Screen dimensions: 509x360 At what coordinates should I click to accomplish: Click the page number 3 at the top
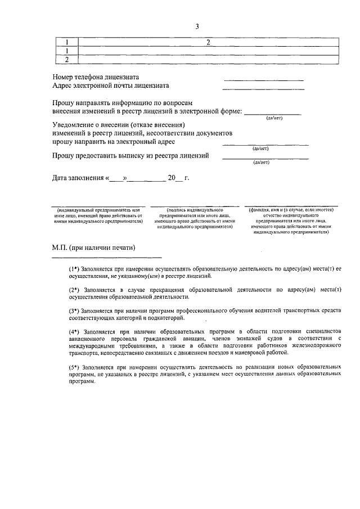click(197, 26)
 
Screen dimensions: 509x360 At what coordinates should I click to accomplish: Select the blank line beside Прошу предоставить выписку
click(265, 158)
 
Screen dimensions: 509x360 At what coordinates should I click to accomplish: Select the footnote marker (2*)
click(74, 290)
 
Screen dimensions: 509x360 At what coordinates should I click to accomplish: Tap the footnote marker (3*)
click(74, 310)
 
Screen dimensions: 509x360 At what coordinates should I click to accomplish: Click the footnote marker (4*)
click(74, 331)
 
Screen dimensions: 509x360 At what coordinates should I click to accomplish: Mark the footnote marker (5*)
click(74, 366)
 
